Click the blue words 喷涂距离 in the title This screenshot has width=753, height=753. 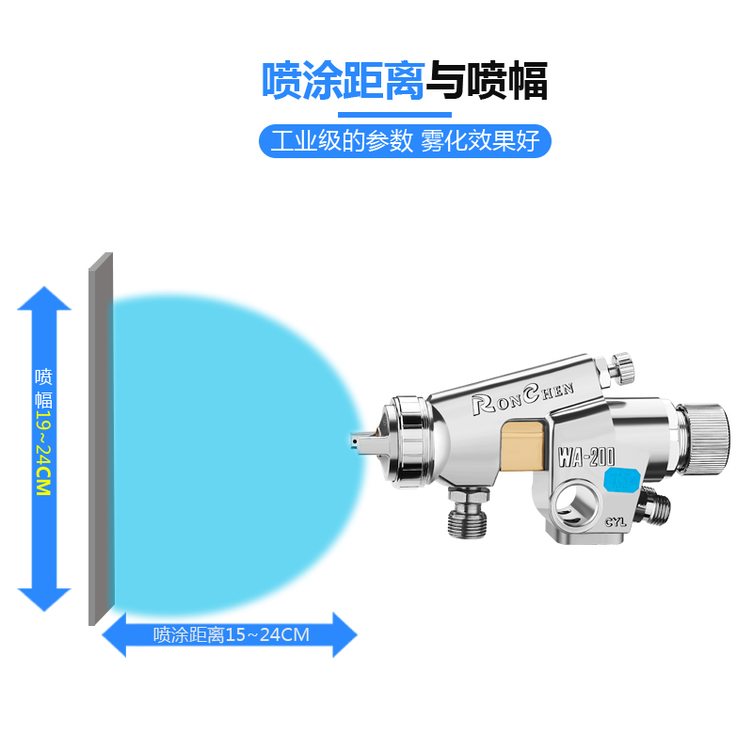(x=343, y=82)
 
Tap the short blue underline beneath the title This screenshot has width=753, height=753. (x=405, y=114)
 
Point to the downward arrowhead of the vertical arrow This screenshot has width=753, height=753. (x=44, y=597)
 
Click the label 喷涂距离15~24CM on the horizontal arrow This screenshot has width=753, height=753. (x=231, y=634)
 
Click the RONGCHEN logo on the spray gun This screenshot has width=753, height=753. (x=532, y=394)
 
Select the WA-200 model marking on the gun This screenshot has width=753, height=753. (x=585, y=458)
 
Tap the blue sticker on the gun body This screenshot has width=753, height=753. (x=622, y=480)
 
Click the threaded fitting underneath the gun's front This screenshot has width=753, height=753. (x=468, y=512)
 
